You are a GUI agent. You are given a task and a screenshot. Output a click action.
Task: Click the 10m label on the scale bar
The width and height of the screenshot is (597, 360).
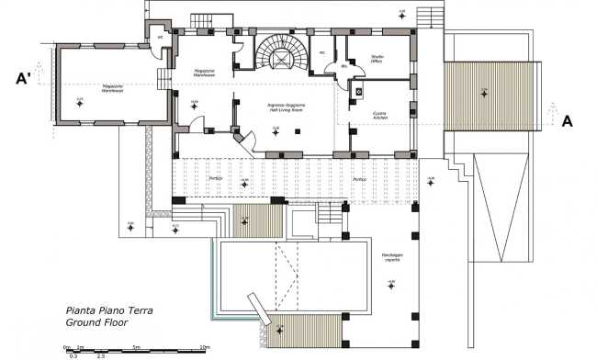204,346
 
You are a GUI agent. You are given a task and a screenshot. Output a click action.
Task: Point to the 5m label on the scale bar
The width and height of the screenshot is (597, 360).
135,346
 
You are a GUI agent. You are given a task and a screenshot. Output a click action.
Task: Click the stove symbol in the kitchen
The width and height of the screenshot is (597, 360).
357,92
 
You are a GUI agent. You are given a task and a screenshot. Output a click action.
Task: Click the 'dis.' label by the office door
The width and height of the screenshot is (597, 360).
344,66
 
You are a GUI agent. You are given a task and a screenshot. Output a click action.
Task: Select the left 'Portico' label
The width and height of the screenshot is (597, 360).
215,178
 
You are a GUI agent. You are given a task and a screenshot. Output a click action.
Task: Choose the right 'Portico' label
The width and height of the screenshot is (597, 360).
359,178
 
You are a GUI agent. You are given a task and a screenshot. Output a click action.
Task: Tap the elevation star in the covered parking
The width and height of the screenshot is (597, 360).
392,285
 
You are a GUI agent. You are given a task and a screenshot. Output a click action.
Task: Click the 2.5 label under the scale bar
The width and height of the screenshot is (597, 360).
101,354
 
